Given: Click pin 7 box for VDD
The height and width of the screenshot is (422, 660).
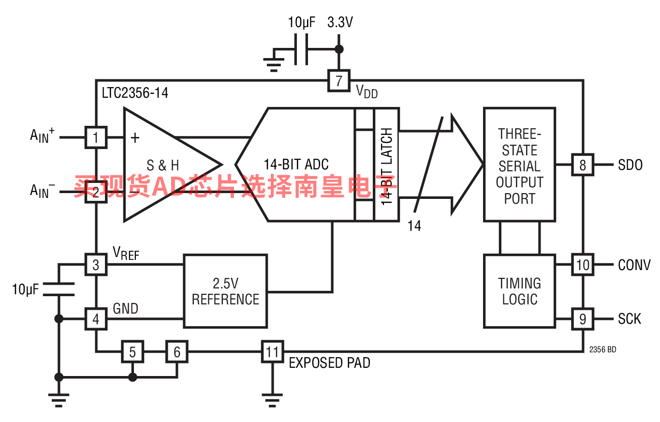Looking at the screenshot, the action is coord(339,81).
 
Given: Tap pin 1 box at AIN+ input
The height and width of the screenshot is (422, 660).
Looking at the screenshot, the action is coord(96,137).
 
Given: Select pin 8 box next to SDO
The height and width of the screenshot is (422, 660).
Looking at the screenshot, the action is coord(583,165).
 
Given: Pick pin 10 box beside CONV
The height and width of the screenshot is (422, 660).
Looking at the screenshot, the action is coord(583,265).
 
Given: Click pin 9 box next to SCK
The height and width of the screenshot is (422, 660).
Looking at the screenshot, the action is coord(583,319).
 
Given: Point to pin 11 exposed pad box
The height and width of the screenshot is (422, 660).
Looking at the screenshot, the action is coord(273,351).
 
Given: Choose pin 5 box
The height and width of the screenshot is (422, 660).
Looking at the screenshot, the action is coord(132,351).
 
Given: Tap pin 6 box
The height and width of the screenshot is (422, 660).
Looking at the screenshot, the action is coord(177,351).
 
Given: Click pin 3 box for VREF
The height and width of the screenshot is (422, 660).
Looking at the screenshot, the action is coord(96,265).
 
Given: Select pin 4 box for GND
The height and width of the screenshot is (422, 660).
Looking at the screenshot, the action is coord(96,319).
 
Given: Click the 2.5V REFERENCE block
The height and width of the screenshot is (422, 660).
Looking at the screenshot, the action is coord(225,291).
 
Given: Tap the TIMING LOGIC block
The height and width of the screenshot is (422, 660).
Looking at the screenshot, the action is coord(519,291).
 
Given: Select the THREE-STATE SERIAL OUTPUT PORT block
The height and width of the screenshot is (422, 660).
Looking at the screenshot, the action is coord(519,165).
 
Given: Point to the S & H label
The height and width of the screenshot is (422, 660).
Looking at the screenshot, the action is coord(162,165).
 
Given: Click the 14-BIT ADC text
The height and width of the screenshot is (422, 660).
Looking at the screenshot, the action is coord(296,165).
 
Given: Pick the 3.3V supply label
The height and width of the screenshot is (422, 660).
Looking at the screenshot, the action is coord(340,22).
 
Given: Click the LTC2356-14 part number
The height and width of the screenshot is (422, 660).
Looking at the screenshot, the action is coord(135,93).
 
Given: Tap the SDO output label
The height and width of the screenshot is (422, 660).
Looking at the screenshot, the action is coord(630,165).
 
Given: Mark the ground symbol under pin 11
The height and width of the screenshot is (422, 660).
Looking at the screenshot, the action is coord(272,400).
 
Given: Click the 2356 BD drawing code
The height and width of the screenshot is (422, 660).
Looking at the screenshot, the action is coord(602,349).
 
